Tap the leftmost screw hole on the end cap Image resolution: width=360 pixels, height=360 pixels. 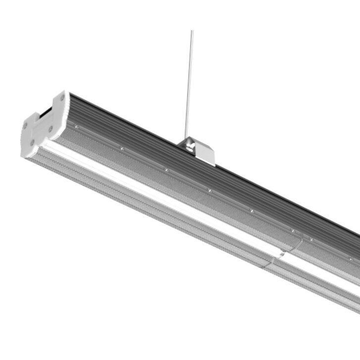(25, 126)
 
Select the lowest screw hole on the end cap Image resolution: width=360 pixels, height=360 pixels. (31, 143)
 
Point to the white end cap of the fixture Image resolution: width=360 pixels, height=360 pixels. (42, 124)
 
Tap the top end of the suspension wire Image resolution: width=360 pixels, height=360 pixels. (192, 32)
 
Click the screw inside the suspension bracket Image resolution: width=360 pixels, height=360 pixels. (189, 144)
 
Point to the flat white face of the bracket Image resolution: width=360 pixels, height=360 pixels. (205, 153)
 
